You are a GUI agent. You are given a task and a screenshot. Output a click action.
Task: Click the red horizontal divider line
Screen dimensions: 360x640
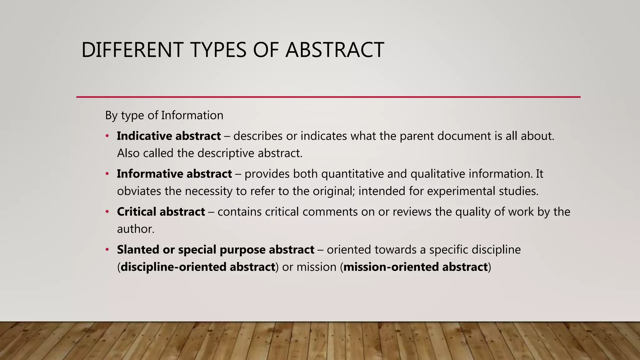328,97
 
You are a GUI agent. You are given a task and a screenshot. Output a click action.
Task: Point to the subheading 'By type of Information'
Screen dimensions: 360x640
164,115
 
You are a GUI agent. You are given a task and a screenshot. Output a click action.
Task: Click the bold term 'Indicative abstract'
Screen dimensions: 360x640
169,136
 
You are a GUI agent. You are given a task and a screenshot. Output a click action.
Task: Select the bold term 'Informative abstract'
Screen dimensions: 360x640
174,174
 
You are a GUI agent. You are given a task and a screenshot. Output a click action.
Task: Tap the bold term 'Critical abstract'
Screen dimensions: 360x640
161,212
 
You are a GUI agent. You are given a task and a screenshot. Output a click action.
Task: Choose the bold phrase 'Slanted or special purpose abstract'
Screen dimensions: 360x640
216,250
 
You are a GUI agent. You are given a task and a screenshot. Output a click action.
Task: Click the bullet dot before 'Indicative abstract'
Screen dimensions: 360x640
107,136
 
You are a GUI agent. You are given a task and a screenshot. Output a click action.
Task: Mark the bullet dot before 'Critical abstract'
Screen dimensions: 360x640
107,212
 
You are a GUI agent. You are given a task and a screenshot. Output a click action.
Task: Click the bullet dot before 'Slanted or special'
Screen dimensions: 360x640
107,250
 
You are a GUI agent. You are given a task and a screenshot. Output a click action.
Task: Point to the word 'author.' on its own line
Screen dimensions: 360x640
136,229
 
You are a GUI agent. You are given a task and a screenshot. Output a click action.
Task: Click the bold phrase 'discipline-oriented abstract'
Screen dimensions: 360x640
198,267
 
